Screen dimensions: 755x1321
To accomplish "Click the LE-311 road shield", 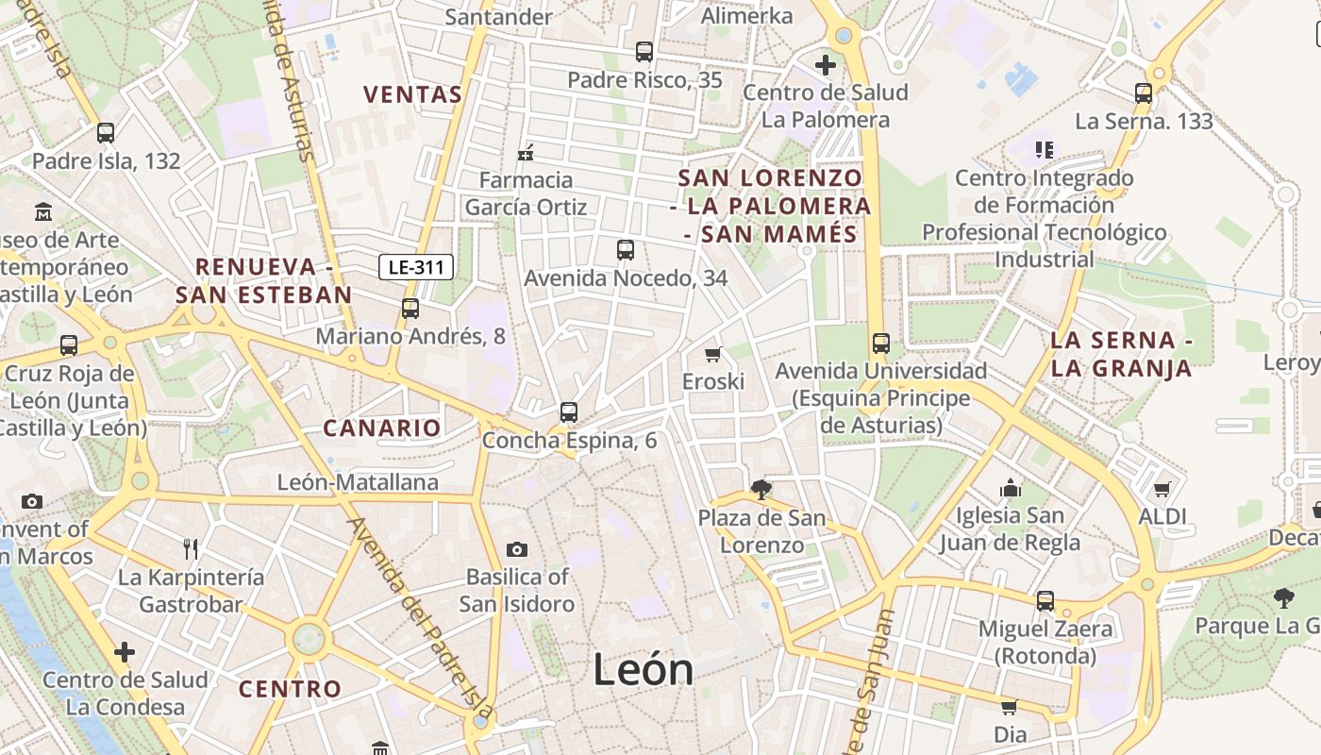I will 416,267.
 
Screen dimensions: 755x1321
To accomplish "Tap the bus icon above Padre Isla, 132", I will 106,133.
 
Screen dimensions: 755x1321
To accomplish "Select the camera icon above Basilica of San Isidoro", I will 516,549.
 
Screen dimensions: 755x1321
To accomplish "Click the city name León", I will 644,669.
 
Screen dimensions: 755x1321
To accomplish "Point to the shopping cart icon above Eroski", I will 713,354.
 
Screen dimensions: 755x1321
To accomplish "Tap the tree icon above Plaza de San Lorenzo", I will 761,490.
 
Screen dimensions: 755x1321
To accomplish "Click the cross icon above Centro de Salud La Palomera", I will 826,64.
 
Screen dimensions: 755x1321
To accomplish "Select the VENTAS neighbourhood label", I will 413,94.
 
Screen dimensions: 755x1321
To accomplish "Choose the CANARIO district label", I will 382,428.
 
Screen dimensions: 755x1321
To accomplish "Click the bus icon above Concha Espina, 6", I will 568,411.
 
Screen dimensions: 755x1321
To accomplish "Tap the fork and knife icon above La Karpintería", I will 191,548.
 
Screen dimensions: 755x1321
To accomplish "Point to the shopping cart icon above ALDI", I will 1162,489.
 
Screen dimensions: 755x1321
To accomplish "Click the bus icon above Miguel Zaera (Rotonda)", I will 1045,600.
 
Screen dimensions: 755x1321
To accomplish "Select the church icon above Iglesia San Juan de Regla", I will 1010,488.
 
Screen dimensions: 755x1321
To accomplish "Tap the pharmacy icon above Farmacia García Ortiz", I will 526,152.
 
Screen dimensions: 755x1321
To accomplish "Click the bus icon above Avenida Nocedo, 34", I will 625,250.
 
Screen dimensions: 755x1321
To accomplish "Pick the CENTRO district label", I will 290,689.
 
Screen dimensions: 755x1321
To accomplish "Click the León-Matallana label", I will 358,482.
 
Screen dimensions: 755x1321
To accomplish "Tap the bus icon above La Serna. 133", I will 1144,92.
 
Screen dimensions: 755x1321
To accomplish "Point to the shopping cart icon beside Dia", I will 1009,707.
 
